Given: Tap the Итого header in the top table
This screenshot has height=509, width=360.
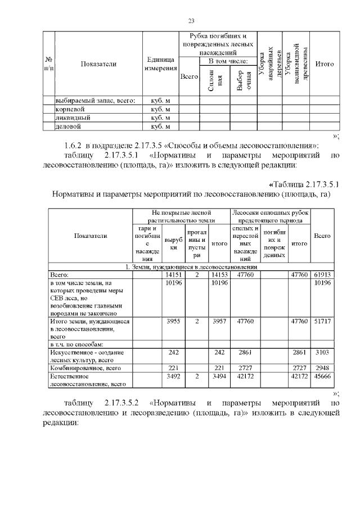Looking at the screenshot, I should click(325, 64).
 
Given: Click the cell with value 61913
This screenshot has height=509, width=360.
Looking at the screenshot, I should click(322, 274).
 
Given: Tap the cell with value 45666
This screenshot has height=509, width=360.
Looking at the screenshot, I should click(322, 376).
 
